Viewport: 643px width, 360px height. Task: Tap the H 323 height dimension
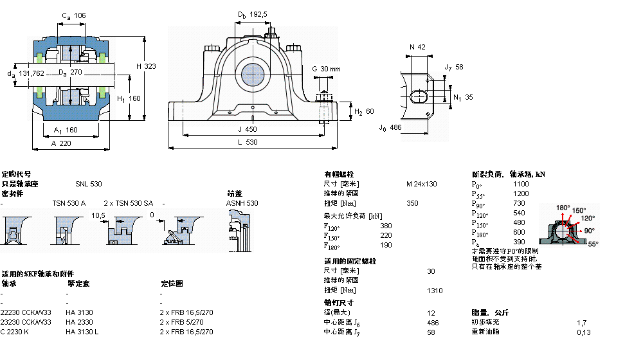147,66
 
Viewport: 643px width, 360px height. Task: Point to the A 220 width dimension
62,143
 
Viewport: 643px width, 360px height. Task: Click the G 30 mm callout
326,69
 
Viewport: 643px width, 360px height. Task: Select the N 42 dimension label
417,47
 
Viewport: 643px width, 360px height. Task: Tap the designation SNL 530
88,184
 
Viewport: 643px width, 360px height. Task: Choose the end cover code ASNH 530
242,203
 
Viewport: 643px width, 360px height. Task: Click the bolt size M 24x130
421,184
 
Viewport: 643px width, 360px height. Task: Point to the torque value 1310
435,291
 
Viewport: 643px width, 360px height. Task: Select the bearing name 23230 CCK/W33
26,322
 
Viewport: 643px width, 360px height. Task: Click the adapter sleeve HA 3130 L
82,332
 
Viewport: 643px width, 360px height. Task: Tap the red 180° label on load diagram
563,208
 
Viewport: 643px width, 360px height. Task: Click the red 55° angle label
592,244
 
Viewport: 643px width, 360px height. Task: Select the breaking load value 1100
521,184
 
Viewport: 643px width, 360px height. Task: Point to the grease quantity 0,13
583,332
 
